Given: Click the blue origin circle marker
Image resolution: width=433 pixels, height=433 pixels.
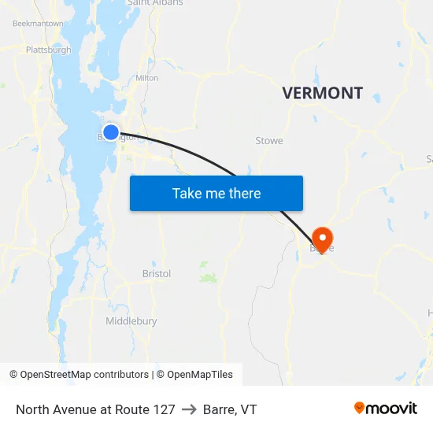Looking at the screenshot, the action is tap(111, 132).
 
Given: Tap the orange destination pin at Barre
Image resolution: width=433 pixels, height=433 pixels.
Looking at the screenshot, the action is tap(322, 238).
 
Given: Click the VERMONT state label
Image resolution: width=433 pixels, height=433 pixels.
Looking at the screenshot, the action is tap(323, 93).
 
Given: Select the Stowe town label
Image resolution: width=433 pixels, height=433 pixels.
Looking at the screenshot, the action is tap(269, 141).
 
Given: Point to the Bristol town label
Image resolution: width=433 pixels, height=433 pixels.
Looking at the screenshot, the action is tap(157, 274).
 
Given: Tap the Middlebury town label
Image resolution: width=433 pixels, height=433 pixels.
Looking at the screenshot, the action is tap(131, 321).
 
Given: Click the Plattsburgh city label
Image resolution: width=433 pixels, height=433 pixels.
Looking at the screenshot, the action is tap(48, 50).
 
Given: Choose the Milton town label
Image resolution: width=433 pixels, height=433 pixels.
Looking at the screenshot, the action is tap(147, 78).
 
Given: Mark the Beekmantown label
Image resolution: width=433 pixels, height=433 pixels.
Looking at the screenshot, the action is tap(38, 24).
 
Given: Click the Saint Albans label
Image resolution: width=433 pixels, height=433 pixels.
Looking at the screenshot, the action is tap(155, 3).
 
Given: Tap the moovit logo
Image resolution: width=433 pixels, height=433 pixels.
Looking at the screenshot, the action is tap(386, 409).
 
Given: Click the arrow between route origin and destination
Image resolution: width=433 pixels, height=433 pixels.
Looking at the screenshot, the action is tap(189, 409).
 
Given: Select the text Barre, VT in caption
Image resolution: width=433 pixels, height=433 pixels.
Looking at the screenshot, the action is tap(230, 409).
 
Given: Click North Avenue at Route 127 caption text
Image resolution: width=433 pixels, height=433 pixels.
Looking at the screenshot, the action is tap(95, 409).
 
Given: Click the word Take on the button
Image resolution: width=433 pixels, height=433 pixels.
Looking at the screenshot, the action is tap(187, 194).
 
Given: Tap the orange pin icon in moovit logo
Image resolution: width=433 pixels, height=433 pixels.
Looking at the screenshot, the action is tap(360, 408).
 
